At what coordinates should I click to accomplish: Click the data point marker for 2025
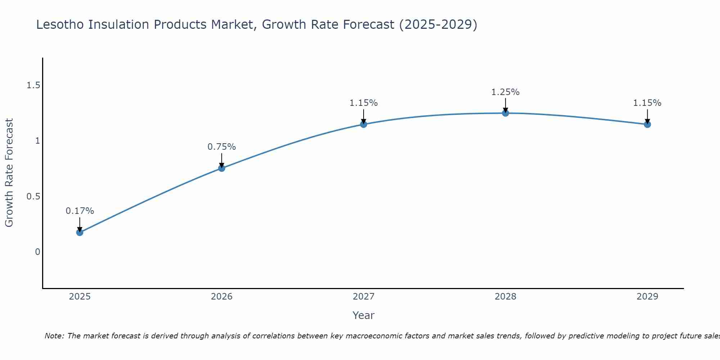point(80,232)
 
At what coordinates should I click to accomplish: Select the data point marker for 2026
point(221,168)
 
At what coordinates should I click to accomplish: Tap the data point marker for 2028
point(505,113)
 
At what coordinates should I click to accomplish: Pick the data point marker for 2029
point(647,125)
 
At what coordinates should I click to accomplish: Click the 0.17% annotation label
point(80,211)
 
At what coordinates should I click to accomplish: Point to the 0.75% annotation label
point(221,147)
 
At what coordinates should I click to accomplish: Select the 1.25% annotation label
point(505,92)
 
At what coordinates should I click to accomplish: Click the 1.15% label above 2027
point(364,103)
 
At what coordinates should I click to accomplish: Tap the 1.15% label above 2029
point(647,103)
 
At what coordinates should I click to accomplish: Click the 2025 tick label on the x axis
point(80,297)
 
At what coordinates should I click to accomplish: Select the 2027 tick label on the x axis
point(364,297)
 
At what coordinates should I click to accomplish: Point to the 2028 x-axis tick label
point(505,297)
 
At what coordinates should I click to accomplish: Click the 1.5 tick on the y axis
point(33,85)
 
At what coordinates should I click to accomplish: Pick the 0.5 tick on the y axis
point(33,197)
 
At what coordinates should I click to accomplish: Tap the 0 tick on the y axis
point(37,252)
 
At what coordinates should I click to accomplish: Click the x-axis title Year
point(364,315)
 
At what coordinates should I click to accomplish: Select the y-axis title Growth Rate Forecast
point(9,173)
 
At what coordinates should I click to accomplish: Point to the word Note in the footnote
point(54,336)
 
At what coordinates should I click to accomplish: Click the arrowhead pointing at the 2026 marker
point(221,165)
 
